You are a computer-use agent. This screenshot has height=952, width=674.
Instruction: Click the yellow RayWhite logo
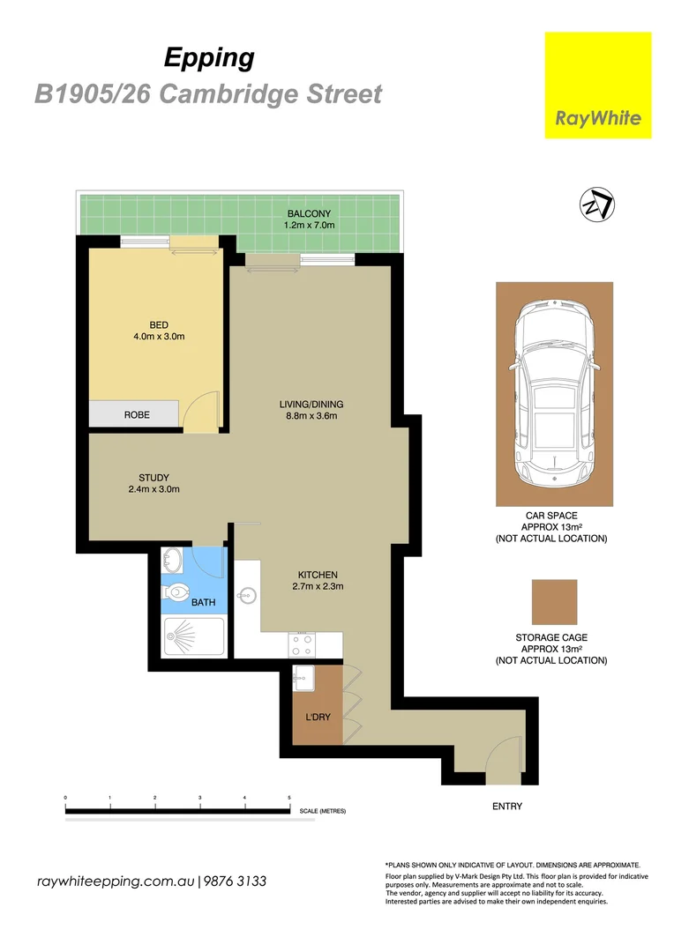pos(597,85)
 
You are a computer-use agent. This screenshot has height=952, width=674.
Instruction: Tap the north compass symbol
pos(597,205)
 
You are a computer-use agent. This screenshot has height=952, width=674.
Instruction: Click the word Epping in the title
pos(209,58)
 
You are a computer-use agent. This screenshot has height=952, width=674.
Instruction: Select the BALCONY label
pos(308,214)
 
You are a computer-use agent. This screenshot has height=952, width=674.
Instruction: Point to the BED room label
pos(159,324)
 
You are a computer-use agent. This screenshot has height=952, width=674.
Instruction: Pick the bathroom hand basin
pos(173,560)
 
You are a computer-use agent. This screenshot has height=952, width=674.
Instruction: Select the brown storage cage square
pos(553,601)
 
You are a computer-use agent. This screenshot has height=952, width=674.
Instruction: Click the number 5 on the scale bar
pos(289,798)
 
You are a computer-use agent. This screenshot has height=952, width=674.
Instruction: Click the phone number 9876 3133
pos(236,881)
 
